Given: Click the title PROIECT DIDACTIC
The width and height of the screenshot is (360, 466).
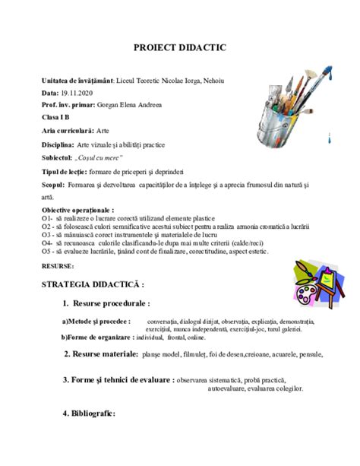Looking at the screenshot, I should [180, 48].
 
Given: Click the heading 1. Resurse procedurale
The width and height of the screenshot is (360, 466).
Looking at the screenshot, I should [114, 304].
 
